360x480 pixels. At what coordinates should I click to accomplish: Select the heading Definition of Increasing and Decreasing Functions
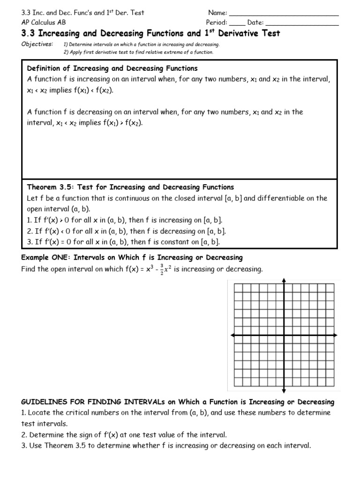click(112, 68)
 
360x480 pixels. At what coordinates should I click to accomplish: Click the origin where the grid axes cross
click(284, 336)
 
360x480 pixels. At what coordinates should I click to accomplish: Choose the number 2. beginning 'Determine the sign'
click(24, 435)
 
